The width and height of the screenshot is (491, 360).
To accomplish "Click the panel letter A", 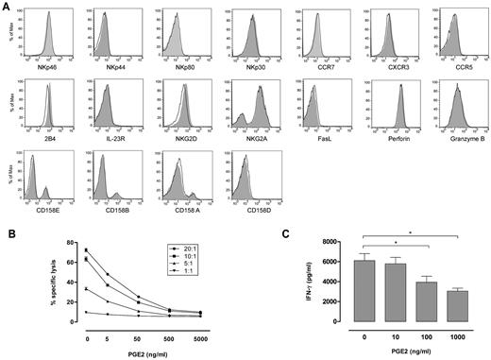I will point(8,6).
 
